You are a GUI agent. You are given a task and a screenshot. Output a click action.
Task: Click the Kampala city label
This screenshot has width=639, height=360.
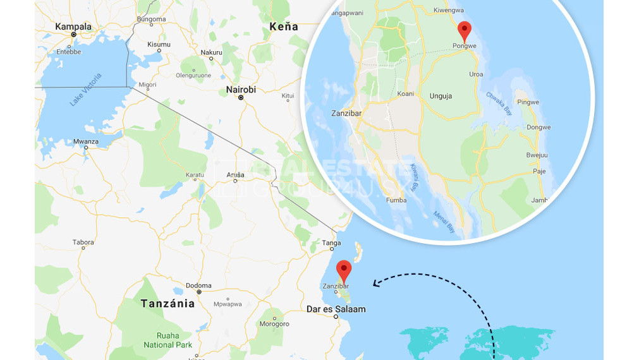pyautogui.click(x=73, y=27)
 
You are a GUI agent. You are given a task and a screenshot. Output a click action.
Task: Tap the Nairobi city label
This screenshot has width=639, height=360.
pyautogui.click(x=241, y=90)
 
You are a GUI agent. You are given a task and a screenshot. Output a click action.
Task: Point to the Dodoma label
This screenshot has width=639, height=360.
pyautogui.click(x=198, y=285)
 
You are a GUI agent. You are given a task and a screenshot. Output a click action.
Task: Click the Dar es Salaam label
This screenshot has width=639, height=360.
pyautogui.click(x=336, y=309)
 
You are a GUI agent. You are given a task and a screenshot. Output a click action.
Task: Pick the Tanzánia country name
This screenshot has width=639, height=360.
pyautogui.click(x=167, y=303)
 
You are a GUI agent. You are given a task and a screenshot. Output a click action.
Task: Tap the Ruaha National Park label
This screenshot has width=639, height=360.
pyautogui.click(x=167, y=340)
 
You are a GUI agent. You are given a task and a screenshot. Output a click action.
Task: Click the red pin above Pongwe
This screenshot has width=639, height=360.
pyautogui.click(x=465, y=30)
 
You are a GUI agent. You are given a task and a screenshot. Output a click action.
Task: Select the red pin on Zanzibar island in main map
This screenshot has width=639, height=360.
pyautogui.click(x=344, y=270)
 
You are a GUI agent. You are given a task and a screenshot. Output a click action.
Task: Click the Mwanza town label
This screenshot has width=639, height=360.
pyautogui.click(x=86, y=141)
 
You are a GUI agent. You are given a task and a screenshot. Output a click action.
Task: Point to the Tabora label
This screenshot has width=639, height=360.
pyautogui.click(x=83, y=242)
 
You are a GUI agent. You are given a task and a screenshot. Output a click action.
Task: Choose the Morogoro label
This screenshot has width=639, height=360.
pyautogui.click(x=274, y=324)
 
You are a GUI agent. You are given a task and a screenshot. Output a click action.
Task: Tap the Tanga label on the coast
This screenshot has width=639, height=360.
pyautogui.click(x=331, y=243)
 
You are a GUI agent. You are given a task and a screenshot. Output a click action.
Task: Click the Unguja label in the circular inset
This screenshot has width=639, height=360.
pyautogui.click(x=441, y=96)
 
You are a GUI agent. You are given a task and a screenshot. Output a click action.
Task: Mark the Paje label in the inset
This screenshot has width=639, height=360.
pyautogui.click(x=539, y=171)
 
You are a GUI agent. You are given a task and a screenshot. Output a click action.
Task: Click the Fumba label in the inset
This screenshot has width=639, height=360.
pyautogui.click(x=396, y=200)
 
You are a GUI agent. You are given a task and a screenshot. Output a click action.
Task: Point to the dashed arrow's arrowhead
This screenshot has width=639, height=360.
pyautogui.click(x=376, y=284)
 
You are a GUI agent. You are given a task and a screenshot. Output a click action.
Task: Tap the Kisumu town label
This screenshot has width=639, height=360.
pyautogui.click(x=159, y=44)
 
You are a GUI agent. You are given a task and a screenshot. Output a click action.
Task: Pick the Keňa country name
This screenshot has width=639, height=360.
pyautogui.click(x=283, y=27)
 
